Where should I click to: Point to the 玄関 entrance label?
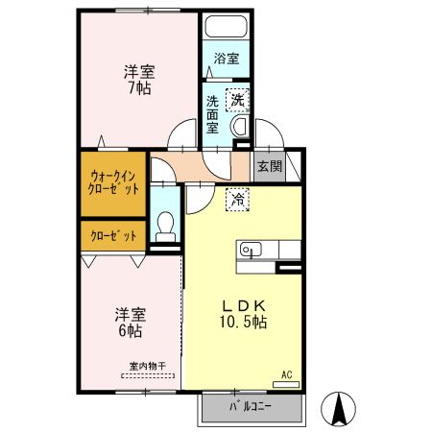(x=270, y=165)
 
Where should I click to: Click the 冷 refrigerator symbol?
(x=236, y=200)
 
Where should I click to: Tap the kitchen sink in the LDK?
(x=251, y=249)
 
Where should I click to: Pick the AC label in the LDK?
(x=286, y=374)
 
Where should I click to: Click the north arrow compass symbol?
(x=338, y=410)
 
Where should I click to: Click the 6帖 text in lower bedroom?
(x=131, y=331)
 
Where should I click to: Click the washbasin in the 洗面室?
(x=241, y=125)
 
